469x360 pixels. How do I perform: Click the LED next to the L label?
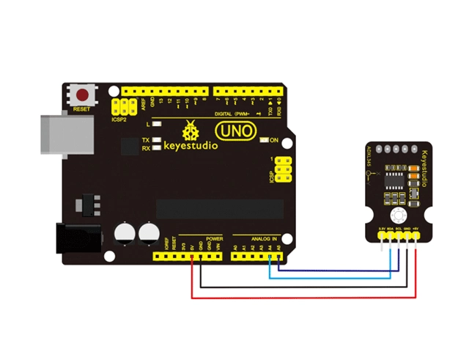click(x=156, y=125)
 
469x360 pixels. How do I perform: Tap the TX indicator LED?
click(x=156, y=139)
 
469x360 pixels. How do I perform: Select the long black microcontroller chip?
click(x=220, y=209)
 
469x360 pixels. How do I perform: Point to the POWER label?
click(x=214, y=239)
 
